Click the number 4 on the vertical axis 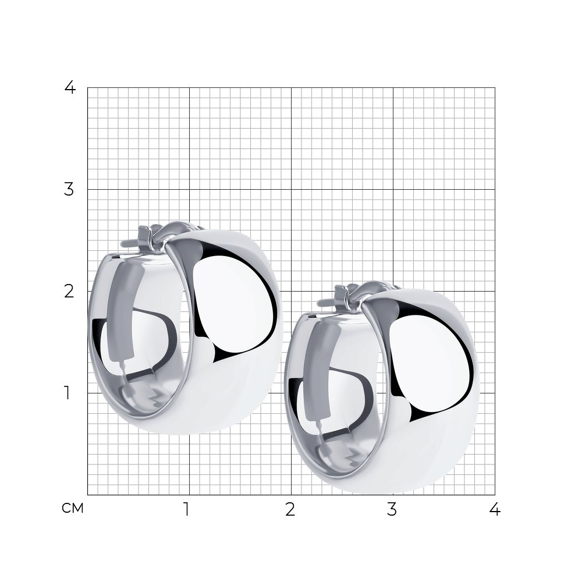point(70,88)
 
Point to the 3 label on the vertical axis point(69,189)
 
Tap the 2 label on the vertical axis point(69,292)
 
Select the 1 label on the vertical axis point(67,393)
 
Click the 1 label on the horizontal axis point(186,510)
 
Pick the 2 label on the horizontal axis point(290,510)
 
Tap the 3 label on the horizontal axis point(392,510)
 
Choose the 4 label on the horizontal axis point(495,510)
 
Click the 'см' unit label point(73,508)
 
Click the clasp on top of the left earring point(148,237)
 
